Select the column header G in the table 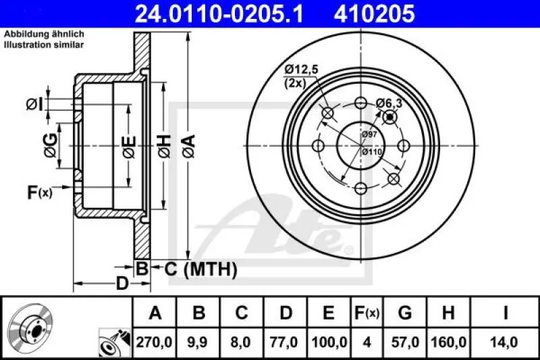point(405,313)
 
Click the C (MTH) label point(200,269)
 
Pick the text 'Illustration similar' point(45,45)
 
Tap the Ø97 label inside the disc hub point(369,134)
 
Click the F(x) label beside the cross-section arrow point(39,193)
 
